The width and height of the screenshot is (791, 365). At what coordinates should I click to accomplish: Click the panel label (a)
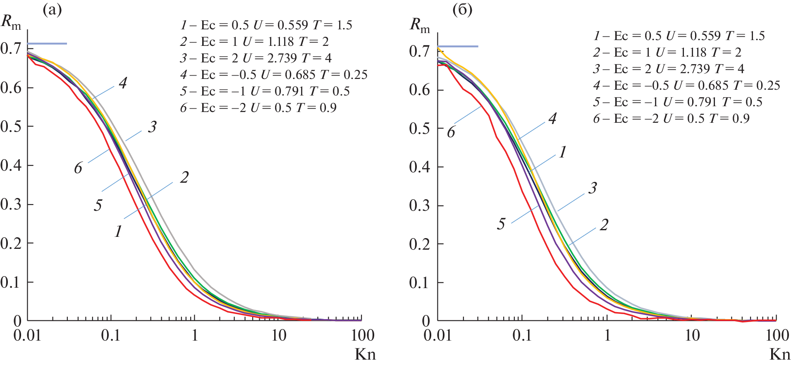click(x=52, y=10)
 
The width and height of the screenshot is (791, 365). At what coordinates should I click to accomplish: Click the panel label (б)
click(x=462, y=10)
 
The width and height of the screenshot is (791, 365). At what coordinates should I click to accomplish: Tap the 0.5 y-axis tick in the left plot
click(x=11, y=126)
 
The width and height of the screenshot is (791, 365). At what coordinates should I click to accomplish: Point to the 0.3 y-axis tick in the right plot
click(x=420, y=205)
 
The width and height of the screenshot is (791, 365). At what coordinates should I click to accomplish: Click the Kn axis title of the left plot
click(x=365, y=355)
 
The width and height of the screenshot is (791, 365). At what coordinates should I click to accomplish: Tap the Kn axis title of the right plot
click(x=779, y=355)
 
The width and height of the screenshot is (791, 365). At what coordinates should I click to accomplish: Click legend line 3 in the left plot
click(x=256, y=58)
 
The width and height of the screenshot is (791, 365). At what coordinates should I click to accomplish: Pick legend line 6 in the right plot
click(x=671, y=119)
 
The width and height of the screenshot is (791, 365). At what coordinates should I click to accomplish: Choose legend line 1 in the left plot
click(x=266, y=25)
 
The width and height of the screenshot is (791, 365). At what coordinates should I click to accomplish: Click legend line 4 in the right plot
click(x=686, y=86)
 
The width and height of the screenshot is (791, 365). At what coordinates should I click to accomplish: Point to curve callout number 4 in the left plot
click(x=123, y=83)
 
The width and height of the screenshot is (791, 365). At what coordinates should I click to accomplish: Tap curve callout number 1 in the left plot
click(x=118, y=231)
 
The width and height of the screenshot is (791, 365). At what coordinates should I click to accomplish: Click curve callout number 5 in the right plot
click(x=501, y=224)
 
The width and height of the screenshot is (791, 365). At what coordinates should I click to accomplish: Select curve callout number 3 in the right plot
click(x=593, y=188)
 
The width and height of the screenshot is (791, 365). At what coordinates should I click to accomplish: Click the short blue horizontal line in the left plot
click(x=47, y=43)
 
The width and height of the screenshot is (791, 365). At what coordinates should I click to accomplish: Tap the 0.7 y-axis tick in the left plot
click(x=11, y=49)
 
